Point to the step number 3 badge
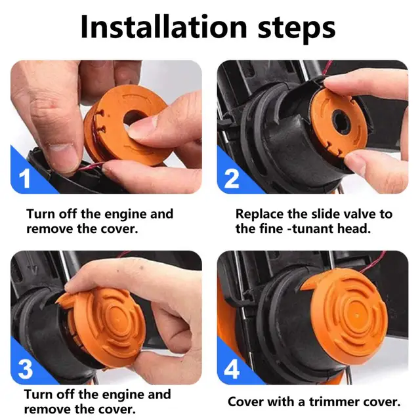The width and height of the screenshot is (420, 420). pos(26,369)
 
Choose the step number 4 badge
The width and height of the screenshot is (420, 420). pos(232,369)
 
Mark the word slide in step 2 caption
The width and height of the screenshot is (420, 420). pos(324,214)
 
